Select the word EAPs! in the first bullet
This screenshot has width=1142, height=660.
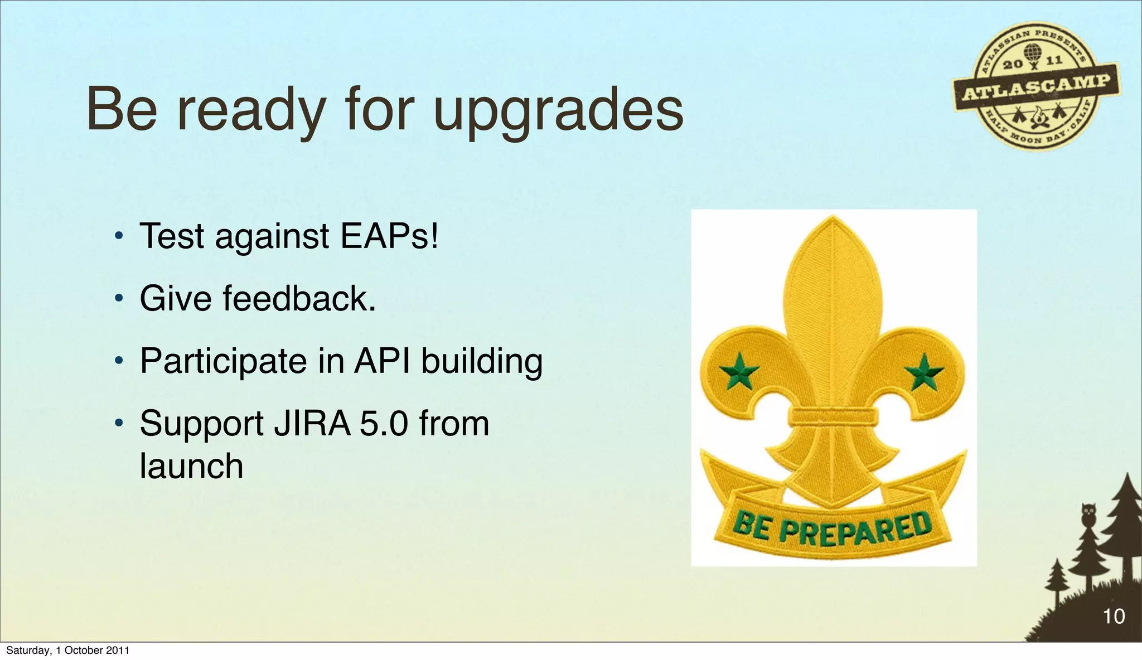389,236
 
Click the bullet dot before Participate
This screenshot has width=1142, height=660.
118,362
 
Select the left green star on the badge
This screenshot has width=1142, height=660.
739,372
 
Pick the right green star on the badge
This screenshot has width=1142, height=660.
924,372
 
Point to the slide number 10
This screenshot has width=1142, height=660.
1114,617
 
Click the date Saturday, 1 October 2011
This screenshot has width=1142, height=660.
67,651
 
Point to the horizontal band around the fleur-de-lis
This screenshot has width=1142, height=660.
833,416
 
